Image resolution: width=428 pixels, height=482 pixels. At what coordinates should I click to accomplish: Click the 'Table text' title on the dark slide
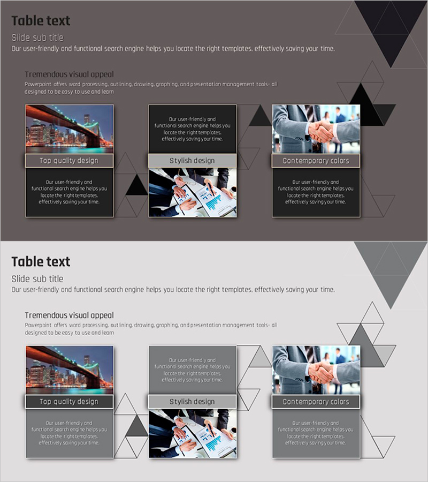(41, 21)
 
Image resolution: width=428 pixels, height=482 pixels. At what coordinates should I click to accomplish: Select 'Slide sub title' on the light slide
(37, 279)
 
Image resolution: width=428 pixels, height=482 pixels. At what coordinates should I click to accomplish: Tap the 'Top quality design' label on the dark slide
(69, 161)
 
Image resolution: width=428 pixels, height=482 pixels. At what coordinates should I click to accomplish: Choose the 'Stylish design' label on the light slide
(192, 402)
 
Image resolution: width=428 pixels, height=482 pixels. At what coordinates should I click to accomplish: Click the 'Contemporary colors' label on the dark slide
(316, 161)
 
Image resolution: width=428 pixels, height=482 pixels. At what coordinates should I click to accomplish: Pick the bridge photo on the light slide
(70, 370)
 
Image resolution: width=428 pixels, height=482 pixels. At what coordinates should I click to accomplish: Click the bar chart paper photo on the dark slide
(193, 192)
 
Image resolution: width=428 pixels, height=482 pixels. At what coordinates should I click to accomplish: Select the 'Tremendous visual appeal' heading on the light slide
(70, 315)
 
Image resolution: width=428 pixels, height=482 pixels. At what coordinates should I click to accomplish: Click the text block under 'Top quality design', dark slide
(69, 192)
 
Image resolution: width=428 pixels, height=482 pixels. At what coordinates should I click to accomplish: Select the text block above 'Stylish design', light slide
(192, 370)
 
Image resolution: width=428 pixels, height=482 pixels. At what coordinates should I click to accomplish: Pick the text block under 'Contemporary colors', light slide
(316, 433)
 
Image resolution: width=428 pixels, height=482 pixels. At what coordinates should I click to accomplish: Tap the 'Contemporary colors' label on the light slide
(316, 402)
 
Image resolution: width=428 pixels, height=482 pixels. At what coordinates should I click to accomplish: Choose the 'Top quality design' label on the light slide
(69, 402)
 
